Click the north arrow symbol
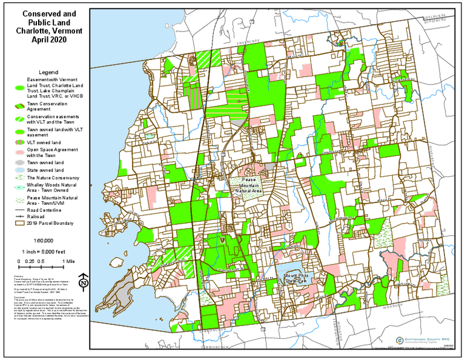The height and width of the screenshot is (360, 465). tap(84, 280)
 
